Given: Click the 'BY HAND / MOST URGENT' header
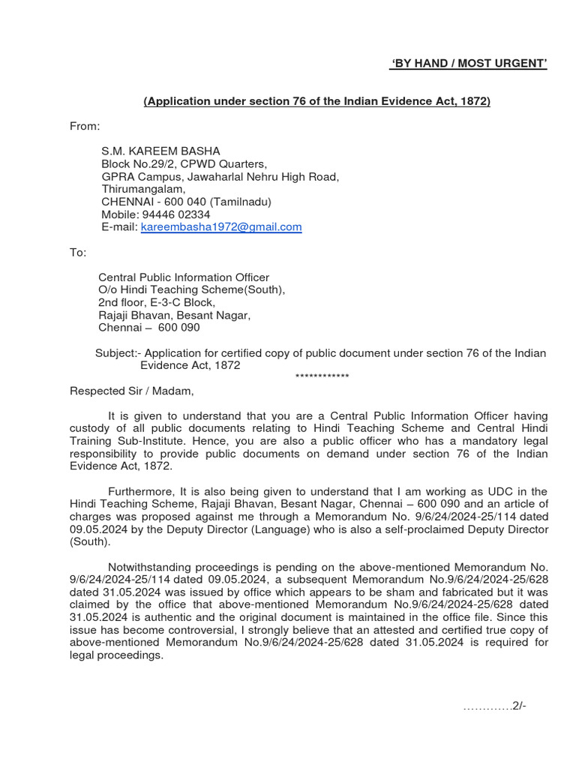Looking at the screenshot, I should [x=468, y=64].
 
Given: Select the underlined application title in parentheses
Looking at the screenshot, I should [x=316, y=101].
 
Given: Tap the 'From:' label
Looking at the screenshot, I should [x=85, y=126].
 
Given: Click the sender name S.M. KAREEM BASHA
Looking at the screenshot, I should [x=160, y=151].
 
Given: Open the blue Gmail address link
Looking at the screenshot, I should [x=221, y=226].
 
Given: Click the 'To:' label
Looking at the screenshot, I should [x=79, y=252].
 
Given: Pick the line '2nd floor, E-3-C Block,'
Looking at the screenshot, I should [x=157, y=302].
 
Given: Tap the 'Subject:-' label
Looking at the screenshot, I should [x=118, y=353].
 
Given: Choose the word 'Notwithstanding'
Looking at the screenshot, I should [x=149, y=566].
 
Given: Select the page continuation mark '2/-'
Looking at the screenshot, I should [x=519, y=706].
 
